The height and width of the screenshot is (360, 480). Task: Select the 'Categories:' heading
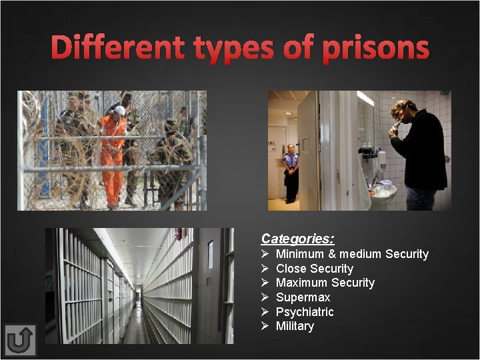coord(297,239)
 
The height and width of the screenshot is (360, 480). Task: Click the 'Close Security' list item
coord(314,269)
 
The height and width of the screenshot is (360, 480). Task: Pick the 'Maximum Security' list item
coord(325,283)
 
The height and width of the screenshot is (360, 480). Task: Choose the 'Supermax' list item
coord(303,297)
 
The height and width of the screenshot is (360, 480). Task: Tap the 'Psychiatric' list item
coord(305,312)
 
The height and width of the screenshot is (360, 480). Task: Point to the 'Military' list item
coord(295,326)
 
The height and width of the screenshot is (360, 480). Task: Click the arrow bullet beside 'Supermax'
coord(265,297)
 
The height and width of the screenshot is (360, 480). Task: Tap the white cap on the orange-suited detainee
coord(119,110)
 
